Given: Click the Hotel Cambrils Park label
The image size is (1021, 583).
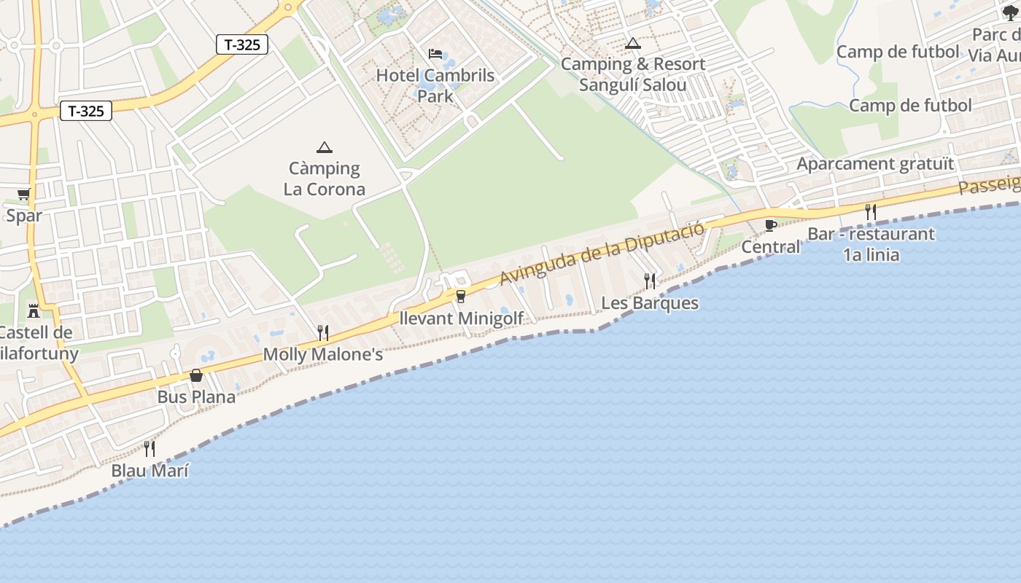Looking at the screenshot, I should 435,85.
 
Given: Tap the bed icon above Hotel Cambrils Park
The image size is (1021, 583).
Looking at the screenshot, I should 435,54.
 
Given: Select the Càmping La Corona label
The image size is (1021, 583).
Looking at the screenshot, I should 325,179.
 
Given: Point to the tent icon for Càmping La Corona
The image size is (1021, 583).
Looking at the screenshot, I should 325,147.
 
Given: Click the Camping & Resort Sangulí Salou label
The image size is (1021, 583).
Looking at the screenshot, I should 632,74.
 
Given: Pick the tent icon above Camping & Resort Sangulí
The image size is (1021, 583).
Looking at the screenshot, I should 632,44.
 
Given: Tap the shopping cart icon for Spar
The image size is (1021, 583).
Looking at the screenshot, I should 24,195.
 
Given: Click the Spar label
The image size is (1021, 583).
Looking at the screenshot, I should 24,216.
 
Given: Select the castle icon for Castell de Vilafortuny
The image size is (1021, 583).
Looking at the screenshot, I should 34,311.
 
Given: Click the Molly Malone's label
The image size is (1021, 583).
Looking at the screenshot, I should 323,355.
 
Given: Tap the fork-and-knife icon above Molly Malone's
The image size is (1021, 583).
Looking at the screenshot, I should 323,333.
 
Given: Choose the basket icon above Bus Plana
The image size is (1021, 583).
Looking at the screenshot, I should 196,375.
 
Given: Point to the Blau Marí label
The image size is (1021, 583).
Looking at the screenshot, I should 150,471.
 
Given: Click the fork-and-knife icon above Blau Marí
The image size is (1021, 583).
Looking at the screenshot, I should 150,448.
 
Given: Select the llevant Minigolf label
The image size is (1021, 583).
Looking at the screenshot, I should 462,318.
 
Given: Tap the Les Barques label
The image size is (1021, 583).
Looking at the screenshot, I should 650,303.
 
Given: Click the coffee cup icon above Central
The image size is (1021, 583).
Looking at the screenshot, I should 770,225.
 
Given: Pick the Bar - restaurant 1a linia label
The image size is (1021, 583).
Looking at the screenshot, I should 871,244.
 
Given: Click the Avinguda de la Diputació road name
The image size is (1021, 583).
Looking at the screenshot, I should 602,253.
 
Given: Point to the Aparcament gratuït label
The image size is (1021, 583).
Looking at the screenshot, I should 875,164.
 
